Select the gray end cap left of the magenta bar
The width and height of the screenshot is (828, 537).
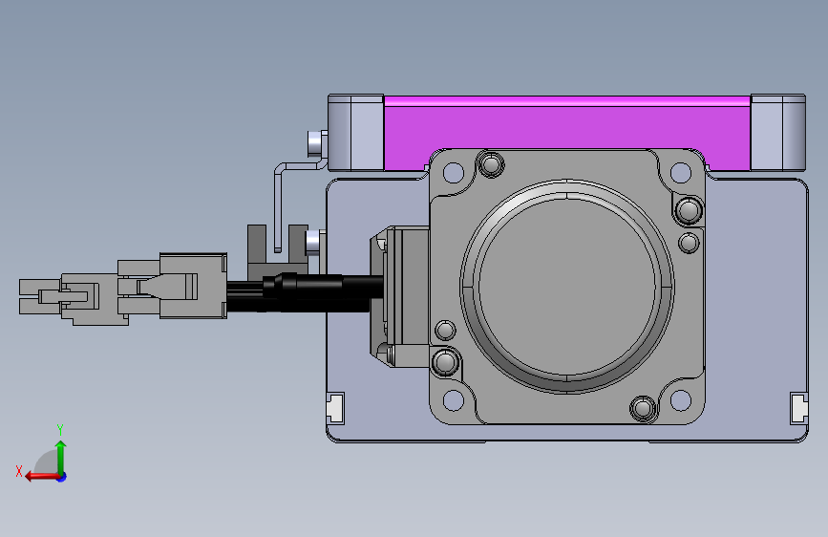point(355,133)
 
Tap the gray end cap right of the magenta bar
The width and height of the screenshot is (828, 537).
point(777,133)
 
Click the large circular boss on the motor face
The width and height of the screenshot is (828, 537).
point(567,287)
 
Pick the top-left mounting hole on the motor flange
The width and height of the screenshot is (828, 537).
point(453,172)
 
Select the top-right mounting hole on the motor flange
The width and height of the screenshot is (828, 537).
point(681,172)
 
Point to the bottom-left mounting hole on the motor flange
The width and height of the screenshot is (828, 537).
point(453,400)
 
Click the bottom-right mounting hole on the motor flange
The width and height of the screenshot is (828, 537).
point(681,400)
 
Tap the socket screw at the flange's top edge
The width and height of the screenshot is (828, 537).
point(491,163)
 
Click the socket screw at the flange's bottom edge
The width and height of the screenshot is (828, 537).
point(643,409)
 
